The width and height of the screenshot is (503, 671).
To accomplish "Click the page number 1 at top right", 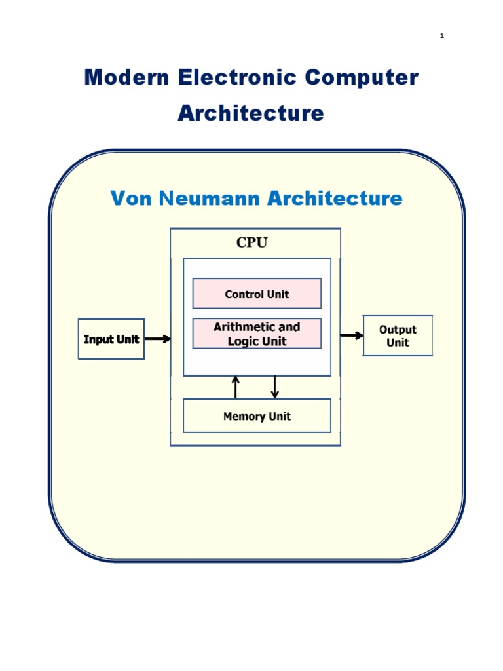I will coord(442,36).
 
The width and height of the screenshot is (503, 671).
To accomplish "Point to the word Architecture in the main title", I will coord(251,113).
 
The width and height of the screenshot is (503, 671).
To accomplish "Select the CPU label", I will coord(252,243).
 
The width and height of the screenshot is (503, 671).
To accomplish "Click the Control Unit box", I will coord(257,294).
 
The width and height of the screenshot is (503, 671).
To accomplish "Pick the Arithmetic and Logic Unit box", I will coord(257,334).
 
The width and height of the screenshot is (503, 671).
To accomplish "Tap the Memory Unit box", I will coord(257,416).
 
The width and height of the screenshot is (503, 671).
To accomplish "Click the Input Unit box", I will coord(111,339).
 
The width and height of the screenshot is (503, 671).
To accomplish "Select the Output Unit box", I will coord(398,335).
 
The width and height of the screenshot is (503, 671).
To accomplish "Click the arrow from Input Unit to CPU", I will coord(157,339).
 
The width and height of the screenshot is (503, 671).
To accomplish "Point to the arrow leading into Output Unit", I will coord(352,335).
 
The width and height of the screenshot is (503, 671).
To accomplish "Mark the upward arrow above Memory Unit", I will coord(236,387).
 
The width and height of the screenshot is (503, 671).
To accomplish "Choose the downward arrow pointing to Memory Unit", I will coord(275,387).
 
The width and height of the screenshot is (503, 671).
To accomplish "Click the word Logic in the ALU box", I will coord(243,341).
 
